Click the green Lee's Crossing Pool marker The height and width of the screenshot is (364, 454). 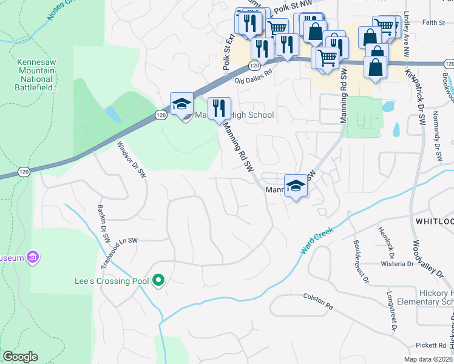click(x=158, y=280)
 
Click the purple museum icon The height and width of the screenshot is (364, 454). click(x=33, y=258)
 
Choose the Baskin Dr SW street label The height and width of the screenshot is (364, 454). click(x=103, y=221)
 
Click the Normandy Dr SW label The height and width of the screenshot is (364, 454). click(x=437, y=136)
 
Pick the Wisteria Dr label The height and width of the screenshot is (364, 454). click(x=396, y=264)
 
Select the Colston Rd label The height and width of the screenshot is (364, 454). click(x=318, y=302)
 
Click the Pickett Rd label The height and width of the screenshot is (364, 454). click(x=432, y=345)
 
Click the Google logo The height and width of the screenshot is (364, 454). click(x=20, y=357)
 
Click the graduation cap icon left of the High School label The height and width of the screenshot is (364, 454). click(x=181, y=104)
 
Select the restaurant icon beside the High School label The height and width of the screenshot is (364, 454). click(x=220, y=109)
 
